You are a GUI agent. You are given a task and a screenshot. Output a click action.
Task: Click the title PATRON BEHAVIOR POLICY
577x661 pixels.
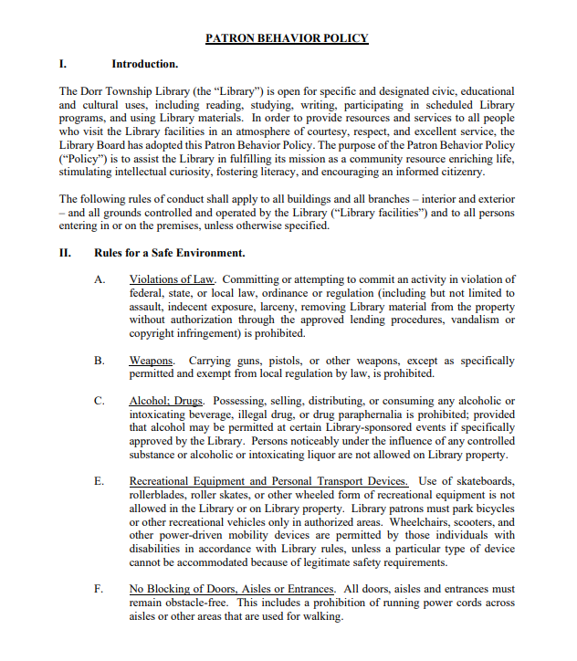tap(287, 38)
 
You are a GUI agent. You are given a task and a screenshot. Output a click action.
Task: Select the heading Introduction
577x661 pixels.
tap(144, 64)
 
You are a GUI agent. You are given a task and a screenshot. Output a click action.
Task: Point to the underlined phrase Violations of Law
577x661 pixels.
tap(173, 279)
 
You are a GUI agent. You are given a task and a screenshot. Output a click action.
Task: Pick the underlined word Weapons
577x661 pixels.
tap(152, 362)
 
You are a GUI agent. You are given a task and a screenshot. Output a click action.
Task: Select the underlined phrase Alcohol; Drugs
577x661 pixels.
tap(167, 402)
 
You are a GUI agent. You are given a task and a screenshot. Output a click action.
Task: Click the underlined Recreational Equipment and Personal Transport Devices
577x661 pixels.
tap(268, 481)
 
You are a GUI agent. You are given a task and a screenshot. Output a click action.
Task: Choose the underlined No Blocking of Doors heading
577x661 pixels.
tap(232, 589)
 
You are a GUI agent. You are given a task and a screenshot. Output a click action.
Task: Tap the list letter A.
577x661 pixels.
tap(100, 279)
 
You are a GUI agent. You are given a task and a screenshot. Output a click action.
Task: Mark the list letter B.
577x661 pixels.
tap(100, 362)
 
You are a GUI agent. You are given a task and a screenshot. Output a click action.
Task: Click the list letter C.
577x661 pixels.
tap(100, 402)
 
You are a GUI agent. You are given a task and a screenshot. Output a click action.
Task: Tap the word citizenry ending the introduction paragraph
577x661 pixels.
tap(456, 172)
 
